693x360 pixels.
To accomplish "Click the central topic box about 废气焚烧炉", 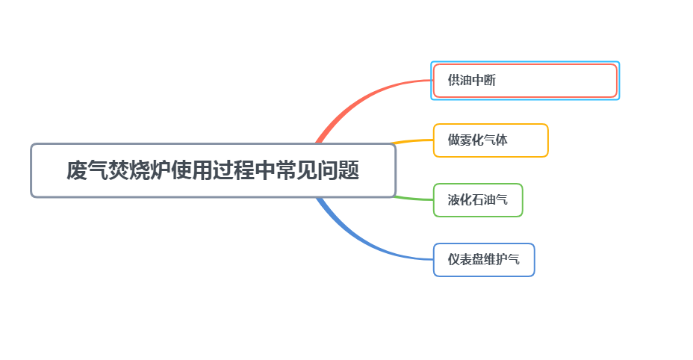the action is [213, 170].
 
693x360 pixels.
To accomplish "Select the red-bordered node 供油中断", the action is [525, 81].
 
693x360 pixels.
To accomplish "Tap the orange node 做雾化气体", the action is [491, 140].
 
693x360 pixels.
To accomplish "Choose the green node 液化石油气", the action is [478, 200].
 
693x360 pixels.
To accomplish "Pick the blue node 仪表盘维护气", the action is [484, 260].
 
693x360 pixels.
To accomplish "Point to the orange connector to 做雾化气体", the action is [412, 141].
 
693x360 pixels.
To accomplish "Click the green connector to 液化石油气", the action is [413, 199].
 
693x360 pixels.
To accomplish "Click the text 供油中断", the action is [471, 80].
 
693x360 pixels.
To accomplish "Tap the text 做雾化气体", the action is [477, 140].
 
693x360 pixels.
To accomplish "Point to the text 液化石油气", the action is [477, 199].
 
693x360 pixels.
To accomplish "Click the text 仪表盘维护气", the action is [483, 259].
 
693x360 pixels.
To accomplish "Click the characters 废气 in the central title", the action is [87, 170].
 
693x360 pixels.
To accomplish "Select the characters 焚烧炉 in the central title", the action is [139, 170].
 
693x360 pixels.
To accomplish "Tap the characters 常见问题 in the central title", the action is [317, 170].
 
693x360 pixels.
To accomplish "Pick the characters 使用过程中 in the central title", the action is [223, 170].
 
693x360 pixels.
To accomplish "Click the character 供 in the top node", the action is [453, 80].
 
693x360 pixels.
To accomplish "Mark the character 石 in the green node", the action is [477, 199].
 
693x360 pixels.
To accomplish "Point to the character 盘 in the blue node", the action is [477, 259].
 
